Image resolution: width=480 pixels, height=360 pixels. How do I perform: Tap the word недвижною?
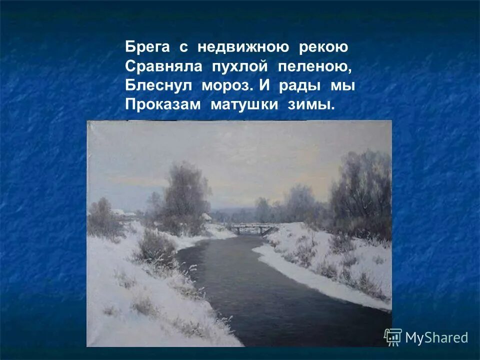click(243, 48)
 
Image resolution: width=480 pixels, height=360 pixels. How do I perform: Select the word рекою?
click(323, 48)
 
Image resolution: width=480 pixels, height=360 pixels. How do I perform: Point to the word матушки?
click(244, 105)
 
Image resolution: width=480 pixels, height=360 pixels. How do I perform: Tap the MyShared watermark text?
click(436, 337)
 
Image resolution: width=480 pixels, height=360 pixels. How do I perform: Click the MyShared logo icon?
click(393, 336)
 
